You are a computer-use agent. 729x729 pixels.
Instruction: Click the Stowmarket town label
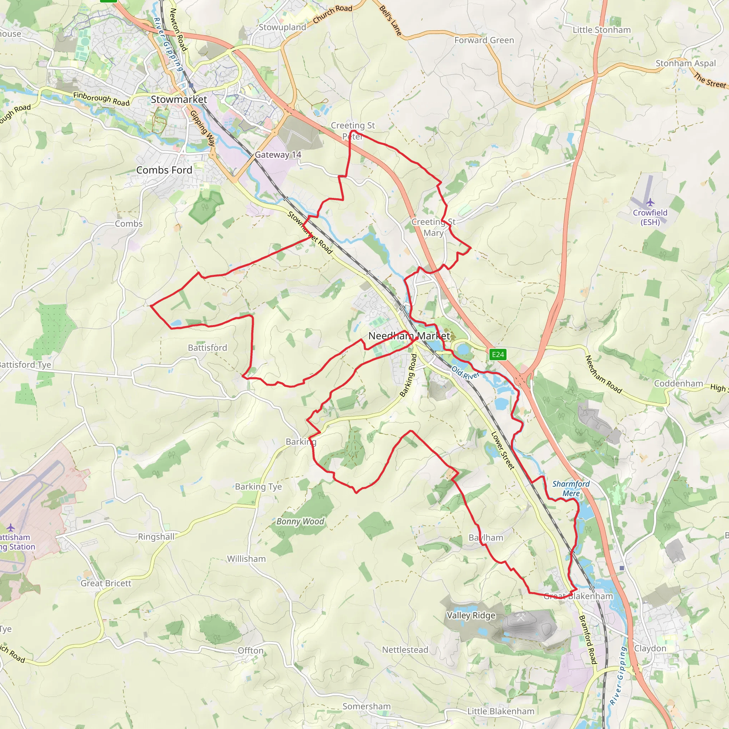(179, 100)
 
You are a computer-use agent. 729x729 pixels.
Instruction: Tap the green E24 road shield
(498, 354)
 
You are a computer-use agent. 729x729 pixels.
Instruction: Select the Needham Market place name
(409, 336)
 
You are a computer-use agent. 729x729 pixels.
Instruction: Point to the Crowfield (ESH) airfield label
(650, 217)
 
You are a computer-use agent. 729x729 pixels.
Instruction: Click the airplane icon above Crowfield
(650, 203)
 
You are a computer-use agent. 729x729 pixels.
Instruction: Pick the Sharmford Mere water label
(571, 488)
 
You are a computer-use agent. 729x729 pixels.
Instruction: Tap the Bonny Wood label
(300, 521)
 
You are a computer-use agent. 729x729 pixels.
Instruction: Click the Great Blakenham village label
(578, 596)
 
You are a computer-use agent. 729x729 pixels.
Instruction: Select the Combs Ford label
(164, 170)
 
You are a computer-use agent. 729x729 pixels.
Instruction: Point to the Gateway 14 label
(278, 155)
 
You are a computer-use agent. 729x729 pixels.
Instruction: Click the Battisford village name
(208, 347)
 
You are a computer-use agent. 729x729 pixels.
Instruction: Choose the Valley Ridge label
(471, 615)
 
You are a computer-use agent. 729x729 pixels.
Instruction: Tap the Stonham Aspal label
(685, 63)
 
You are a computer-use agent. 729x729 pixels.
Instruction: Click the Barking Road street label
(408, 375)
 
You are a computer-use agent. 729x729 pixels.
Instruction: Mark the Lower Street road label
(503, 451)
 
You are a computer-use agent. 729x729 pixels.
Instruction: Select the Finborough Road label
(101, 99)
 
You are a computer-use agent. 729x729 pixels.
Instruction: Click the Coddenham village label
(678, 383)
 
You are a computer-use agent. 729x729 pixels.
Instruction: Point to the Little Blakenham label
(501, 711)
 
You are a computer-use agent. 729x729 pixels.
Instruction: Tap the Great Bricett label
(106, 583)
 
